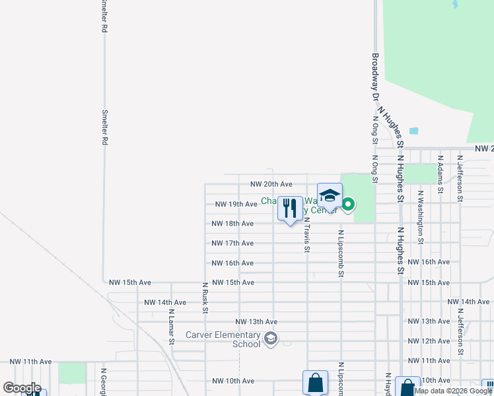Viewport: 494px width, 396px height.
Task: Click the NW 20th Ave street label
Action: [271, 184]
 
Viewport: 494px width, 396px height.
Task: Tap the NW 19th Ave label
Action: [236, 204]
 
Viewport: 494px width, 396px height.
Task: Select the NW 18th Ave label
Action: [232, 224]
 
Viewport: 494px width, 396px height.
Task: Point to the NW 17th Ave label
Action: [232, 244]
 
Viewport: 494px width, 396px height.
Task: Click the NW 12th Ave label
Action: [429, 341]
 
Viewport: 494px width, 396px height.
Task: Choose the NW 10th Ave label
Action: [233, 381]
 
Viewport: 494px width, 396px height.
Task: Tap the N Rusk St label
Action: [205, 297]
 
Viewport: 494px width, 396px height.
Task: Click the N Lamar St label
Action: [171, 327]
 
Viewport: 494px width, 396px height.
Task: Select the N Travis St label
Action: [307, 236]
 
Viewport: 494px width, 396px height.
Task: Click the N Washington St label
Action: [419, 217]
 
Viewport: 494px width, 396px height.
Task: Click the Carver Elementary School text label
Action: [223, 339]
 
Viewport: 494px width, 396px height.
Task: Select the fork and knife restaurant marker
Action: [290, 209]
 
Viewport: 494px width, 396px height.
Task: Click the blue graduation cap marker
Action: [330, 196]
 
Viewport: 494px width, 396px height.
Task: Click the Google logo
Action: [22, 388]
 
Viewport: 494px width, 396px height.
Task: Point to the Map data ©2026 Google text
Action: [454, 391]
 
